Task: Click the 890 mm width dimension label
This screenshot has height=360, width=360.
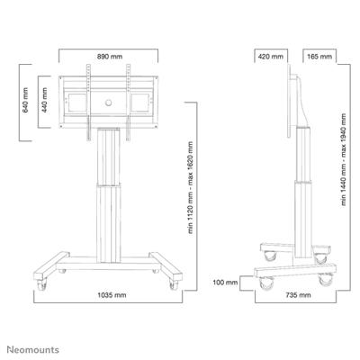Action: point(110,57)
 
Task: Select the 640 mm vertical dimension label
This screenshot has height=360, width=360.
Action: point(25,100)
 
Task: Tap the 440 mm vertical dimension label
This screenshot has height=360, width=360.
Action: point(44,100)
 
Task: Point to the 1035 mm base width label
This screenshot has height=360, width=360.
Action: point(112,295)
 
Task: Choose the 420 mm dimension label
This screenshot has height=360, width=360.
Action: point(271,57)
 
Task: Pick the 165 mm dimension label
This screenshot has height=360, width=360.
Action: point(319,57)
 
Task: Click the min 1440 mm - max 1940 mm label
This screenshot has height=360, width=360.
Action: point(344,159)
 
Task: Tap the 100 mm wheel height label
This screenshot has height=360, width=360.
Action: point(225,283)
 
